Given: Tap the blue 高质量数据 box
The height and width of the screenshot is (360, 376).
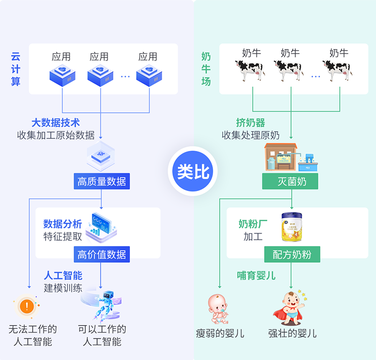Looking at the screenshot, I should coord(101,182).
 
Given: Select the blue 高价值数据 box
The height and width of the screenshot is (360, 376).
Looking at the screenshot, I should coord(101,254).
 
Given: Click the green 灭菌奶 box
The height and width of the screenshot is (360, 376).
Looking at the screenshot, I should coord(290,182).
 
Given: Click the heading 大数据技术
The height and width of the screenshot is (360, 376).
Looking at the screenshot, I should coord(56,123).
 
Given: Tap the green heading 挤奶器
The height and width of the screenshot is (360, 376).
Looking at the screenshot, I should coord(251,123).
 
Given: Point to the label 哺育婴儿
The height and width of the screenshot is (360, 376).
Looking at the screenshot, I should coord(256,275).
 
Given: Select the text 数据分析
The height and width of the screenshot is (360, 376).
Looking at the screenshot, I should coord(62,224).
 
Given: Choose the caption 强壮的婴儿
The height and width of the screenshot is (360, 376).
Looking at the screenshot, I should coord(292,333).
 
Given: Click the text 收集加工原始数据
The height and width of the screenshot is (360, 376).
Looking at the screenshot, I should coord(56,135).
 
